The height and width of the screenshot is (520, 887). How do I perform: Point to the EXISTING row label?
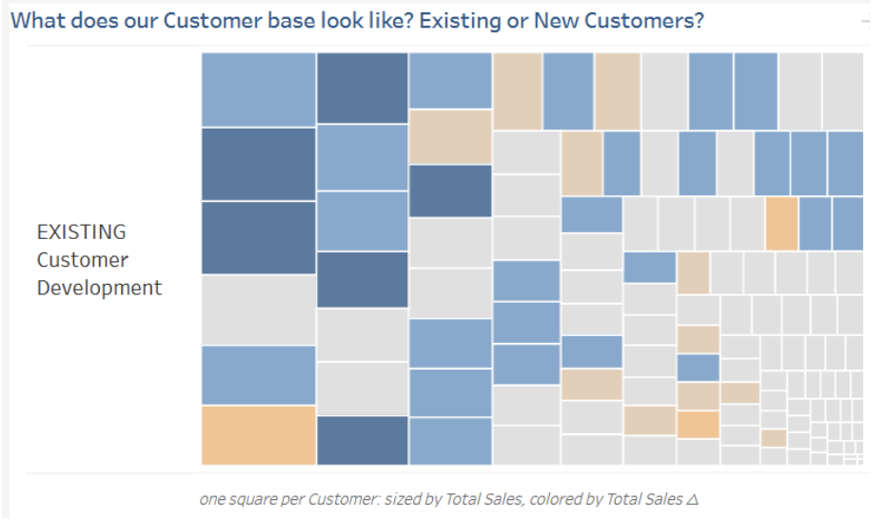tap(81, 231)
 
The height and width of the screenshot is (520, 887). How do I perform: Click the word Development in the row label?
tap(99, 288)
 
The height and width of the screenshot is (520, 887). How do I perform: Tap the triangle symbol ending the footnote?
tap(692, 498)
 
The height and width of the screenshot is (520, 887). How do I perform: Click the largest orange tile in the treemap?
tap(258, 435)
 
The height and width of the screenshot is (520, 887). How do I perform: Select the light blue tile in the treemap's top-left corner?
tap(258, 90)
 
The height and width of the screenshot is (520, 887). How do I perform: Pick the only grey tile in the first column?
tap(258, 310)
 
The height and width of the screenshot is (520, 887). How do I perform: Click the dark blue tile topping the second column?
tap(362, 88)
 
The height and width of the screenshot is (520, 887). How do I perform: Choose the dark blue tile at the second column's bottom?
tap(362, 440)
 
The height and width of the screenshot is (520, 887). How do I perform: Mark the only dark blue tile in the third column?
tap(450, 190)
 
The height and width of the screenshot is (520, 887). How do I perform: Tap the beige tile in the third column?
tap(450, 136)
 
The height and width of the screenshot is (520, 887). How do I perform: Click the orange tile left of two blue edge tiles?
tap(781, 224)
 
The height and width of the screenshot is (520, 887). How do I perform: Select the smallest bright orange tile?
tap(698, 425)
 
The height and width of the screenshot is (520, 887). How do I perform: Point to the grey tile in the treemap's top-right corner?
tap(842, 90)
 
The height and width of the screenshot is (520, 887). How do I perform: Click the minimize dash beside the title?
tap(864, 20)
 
